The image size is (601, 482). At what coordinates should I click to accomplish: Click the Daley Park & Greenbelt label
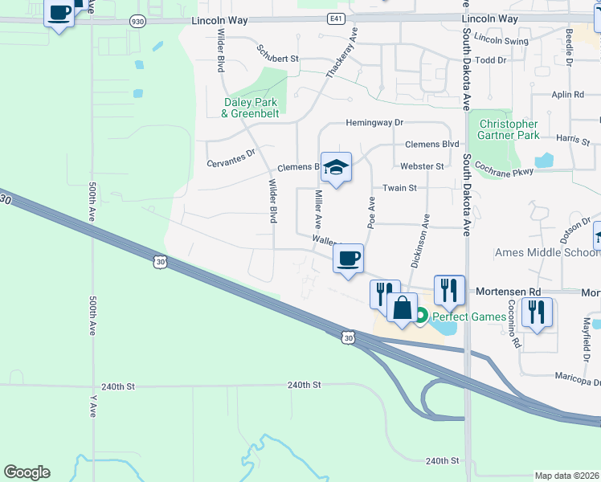[249, 108]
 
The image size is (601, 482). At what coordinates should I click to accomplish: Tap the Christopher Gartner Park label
[508, 130]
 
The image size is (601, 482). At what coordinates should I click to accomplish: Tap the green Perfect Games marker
[419, 317]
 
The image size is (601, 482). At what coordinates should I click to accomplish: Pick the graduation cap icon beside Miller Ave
[336, 167]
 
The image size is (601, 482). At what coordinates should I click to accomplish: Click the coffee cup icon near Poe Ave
[348, 259]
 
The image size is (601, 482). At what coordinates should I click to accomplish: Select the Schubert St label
[277, 59]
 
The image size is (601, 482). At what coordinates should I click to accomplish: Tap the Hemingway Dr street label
[374, 123]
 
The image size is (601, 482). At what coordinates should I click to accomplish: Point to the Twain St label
[399, 188]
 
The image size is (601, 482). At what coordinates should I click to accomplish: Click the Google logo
[27, 472]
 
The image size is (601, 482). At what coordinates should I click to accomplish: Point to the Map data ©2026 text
[566, 476]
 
